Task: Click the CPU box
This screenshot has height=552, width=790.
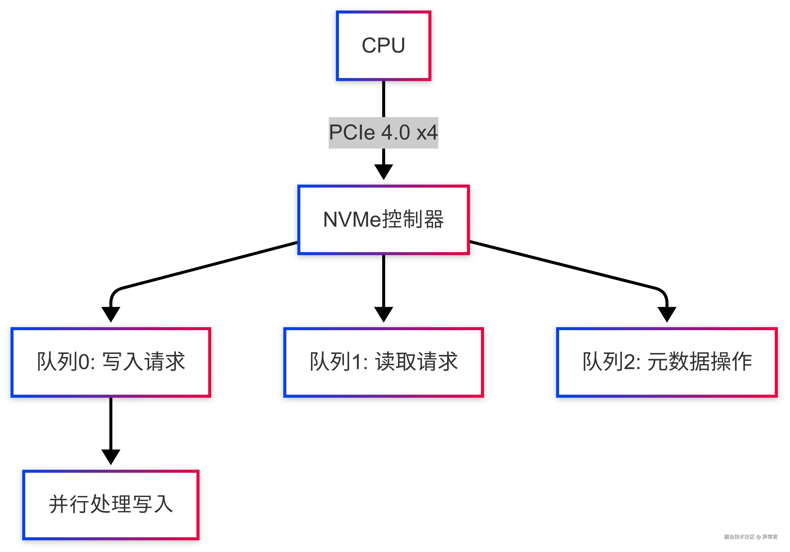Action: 383,46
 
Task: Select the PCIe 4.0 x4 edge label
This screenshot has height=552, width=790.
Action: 383,133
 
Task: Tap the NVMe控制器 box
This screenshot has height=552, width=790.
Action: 383,220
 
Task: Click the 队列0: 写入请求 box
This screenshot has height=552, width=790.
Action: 111,362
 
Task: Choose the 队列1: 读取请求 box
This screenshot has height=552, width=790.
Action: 383,362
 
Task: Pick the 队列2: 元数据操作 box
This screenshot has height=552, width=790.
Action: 667,362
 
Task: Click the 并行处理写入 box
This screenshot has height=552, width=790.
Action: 111,505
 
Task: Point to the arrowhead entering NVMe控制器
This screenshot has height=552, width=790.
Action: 383,172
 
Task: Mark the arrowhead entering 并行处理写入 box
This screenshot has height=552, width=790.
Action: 111,456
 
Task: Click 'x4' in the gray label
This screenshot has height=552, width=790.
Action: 427,133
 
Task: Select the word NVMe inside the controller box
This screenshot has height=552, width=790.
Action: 353,220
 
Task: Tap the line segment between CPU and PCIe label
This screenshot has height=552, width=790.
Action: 383,99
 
